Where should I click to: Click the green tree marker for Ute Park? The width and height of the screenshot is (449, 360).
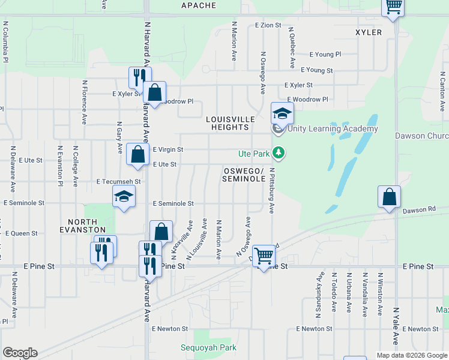[x=278, y=153]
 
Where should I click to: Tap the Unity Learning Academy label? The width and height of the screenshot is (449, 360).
[x=333, y=128]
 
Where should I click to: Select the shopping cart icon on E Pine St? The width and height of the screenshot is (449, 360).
[x=264, y=256]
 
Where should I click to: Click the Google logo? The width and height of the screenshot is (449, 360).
[x=20, y=353]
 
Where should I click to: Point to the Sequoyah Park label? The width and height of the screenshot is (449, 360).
[x=209, y=347]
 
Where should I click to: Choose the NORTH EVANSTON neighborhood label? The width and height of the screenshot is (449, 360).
[x=83, y=225]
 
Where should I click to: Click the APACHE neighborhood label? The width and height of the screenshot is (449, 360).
[x=198, y=5]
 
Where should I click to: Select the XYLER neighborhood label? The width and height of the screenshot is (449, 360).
[x=369, y=32]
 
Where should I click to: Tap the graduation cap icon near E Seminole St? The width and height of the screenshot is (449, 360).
[x=124, y=196]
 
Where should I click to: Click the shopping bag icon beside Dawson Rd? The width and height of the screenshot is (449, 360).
[x=389, y=196]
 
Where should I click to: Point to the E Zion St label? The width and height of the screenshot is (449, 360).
[x=268, y=25]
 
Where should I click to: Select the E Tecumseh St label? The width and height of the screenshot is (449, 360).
[x=118, y=181]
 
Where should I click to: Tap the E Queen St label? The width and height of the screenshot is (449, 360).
[x=22, y=233]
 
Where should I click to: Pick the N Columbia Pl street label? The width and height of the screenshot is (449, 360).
[x=5, y=42]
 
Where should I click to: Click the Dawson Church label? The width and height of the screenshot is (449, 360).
[x=421, y=136]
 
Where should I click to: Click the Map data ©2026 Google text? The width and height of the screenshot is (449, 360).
[x=411, y=355]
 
